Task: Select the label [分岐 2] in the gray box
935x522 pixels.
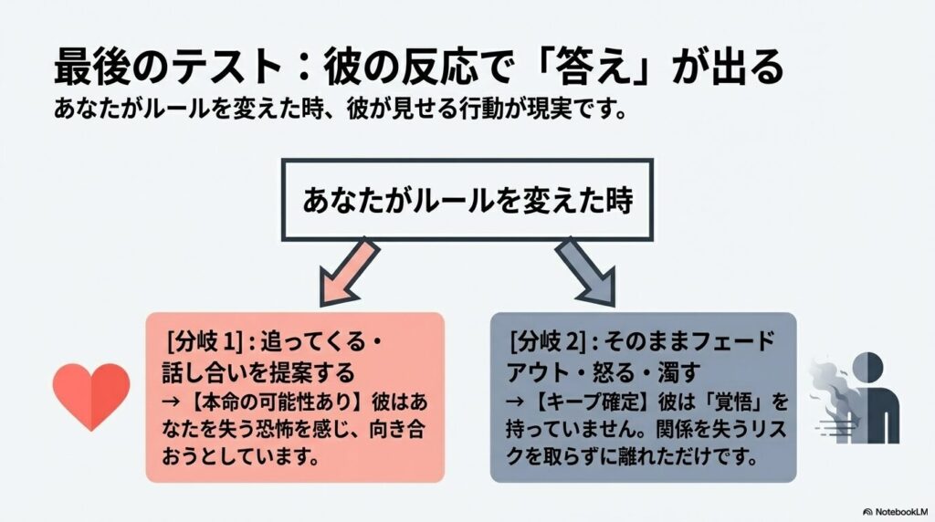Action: tap(546, 344)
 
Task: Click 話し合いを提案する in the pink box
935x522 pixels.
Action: tap(257, 372)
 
